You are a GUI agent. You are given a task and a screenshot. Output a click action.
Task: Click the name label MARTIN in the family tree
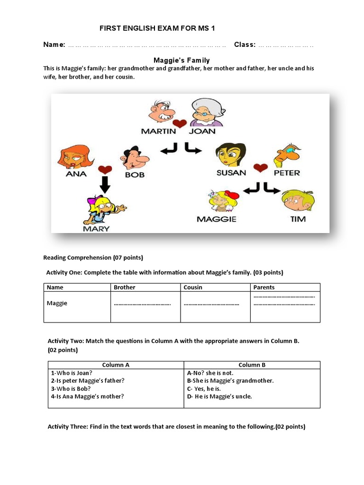(x=158, y=131)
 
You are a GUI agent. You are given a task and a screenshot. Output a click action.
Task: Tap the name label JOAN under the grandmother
(x=202, y=131)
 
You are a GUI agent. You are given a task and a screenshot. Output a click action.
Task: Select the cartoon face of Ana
(x=74, y=157)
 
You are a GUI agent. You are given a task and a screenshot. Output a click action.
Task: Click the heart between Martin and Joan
(x=180, y=125)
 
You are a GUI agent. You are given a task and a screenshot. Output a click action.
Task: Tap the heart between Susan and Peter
(x=260, y=168)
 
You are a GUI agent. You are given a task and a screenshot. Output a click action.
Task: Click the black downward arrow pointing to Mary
(x=105, y=184)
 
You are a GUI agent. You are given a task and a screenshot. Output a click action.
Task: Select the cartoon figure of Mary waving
(x=102, y=209)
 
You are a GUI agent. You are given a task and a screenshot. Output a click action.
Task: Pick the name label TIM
(x=298, y=219)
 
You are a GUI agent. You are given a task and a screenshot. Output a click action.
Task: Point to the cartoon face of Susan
(x=230, y=154)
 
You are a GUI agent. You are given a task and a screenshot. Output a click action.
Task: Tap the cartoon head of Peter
(x=288, y=153)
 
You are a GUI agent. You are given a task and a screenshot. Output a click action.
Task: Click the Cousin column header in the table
(x=193, y=287)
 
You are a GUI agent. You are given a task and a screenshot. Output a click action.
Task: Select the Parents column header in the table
(x=264, y=287)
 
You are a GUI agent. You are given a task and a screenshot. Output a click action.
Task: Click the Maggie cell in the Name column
(x=57, y=303)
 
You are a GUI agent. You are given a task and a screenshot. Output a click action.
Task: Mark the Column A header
(x=116, y=365)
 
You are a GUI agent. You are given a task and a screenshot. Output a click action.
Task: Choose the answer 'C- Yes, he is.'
(x=207, y=389)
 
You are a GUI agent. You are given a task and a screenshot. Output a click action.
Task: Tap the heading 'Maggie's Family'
(x=182, y=60)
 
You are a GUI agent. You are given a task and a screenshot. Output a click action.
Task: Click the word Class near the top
(x=245, y=45)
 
